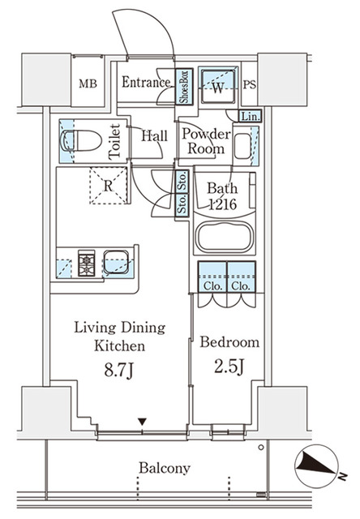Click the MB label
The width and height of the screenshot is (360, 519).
tap(87, 83)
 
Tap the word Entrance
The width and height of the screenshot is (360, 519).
tap(146, 82)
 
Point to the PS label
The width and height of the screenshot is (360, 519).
tap(250, 83)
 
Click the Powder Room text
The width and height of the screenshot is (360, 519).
tap(205, 142)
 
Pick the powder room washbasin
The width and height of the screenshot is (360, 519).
tap(242, 146)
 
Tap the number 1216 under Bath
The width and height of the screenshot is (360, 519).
tap(221, 206)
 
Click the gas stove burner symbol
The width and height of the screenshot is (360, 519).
tap(87, 263)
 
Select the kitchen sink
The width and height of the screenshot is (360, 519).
tap(117, 263)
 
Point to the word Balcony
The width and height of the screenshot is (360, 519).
tap(164, 468)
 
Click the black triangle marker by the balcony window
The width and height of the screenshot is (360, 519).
tap(143, 422)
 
